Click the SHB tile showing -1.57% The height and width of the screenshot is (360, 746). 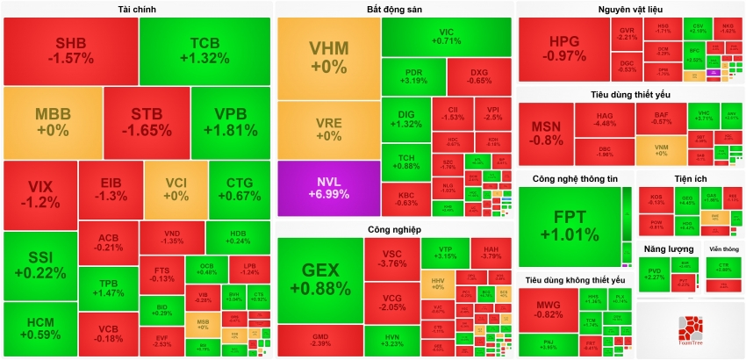pyautogui.click(x=70, y=51)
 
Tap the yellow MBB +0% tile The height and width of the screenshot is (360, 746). pyautogui.click(x=53, y=122)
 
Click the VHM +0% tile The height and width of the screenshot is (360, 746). pyautogui.click(x=328, y=58)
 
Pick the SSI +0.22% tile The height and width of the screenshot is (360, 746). pyautogui.click(x=39, y=264)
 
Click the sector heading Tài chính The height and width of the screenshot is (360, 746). pyautogui.click(x=137, y=9)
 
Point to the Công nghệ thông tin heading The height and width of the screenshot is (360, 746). pyautogui.click(x=575, y=179)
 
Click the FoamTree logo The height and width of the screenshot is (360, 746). pyautogui.click(x=690, y=329)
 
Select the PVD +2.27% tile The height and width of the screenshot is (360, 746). pyautogui.click(x=655, y=274)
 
